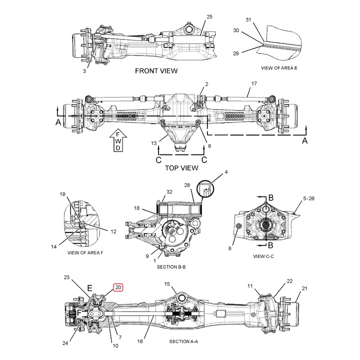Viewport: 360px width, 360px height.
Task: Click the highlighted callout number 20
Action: [x=117, y=287]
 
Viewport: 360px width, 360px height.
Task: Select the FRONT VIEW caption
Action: [x=156, y=71]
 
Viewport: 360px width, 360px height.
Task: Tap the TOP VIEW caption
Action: [x=181, y=168]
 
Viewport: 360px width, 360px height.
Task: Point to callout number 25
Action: [x=209, y=17]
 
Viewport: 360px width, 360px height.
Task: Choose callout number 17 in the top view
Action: [x=254, y=83]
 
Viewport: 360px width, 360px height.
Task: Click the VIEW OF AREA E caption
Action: [x=279, y=67]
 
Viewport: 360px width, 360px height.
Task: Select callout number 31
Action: [x=249, y=19]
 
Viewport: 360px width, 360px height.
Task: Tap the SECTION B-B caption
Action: [x=171, y=267]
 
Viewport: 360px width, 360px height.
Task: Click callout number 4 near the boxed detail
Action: [x=225, y=172]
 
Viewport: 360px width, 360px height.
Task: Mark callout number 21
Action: [x=304, y=288]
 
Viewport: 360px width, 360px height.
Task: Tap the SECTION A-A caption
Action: [x=183, y=341]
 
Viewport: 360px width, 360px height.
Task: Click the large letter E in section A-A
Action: [x=90, y=288]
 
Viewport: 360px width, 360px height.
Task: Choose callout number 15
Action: [x=167, y=284]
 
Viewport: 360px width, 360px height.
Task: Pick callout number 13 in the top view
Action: [x=154, y=143]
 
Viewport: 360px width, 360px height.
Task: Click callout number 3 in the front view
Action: [x=84, y=71]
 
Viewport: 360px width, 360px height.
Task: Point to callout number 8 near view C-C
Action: [x=230, y=248]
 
